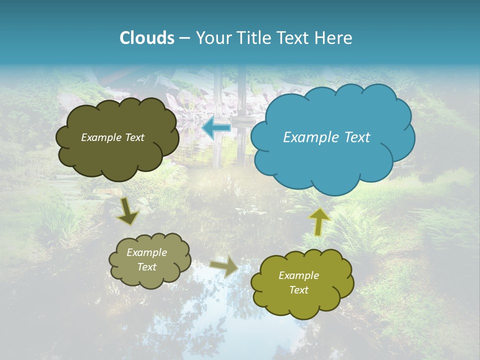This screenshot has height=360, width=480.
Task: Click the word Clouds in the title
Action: click(x=147, y=38)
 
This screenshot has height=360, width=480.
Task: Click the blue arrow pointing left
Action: click(x=216, y=128)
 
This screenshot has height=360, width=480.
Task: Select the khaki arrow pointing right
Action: click(x=224, y=266)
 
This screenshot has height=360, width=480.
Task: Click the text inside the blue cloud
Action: click(x=326, y=137)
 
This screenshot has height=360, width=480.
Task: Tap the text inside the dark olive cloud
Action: click(x=112, y=137)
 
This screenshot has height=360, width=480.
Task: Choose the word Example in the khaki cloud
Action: click(x=146, y=252)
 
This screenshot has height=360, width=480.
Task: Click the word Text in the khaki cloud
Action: click(x=146, y=267)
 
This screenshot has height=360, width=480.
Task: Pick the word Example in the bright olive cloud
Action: click(x=298, y=275)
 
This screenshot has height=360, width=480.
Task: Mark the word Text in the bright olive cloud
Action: click(x=298, y=290)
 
